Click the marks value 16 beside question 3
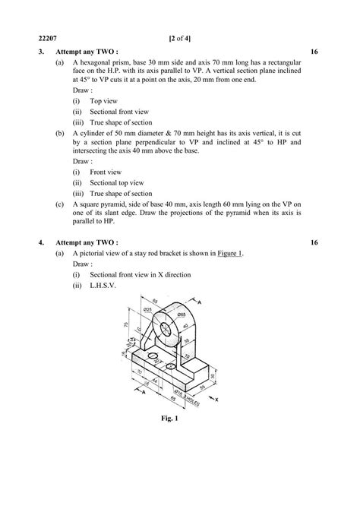(315, 52)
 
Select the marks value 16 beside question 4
(315, 242)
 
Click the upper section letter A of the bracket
(200, 302)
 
